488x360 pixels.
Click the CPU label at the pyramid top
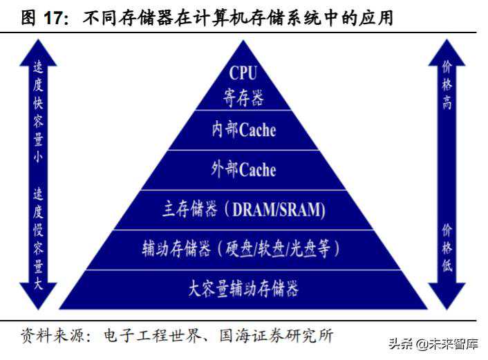[x=243, y=73]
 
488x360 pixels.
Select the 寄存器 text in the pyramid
[x=243, y=98]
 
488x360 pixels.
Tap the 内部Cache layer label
[x=243, y=130]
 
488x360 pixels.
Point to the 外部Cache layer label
[x=243, y=169]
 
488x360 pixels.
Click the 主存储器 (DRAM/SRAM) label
[x=243, y=209]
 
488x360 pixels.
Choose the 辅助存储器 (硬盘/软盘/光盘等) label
[x=243, y=248]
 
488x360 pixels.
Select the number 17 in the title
[x=56, y=17]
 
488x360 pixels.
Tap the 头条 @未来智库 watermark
[x=433, y=343]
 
